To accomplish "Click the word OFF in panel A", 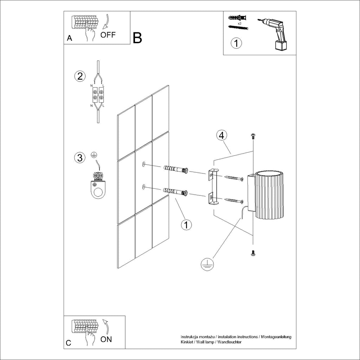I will (x=108, y=34).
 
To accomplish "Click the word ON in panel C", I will (x=107, y=339).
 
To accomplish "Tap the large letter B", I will (x=137, y=38).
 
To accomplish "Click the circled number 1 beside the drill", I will (x=236, y=44).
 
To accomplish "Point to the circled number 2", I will (x=80, y=76).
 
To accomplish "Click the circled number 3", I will (x=80, y=158).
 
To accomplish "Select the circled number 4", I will (x=221, y=135).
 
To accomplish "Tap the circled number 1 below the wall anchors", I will (x=186, y=224).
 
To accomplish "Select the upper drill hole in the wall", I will (x=144, y=164).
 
